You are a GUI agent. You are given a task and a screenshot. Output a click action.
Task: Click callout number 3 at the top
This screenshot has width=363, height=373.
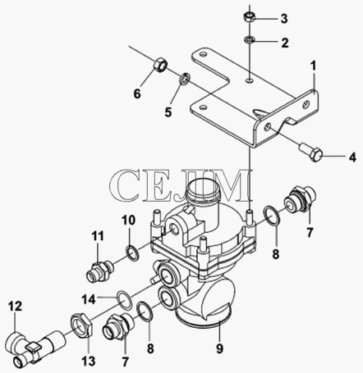point(284,19)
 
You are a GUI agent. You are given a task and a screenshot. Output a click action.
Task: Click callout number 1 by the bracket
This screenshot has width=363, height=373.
point(313,66)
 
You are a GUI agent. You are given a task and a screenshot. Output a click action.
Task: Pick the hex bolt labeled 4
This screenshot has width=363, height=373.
point(310,153)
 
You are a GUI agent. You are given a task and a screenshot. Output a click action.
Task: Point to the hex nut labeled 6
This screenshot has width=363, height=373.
point(160,66)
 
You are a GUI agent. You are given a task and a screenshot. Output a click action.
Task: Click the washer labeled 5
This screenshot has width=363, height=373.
point(185,78)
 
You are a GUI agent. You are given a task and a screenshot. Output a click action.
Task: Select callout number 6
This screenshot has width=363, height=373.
point(137,93)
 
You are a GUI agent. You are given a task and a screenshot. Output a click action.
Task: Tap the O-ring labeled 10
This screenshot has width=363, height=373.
point(133,253)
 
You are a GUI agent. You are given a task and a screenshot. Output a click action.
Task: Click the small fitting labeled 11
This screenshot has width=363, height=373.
point(99,271)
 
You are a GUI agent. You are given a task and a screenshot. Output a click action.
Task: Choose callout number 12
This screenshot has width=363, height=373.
point(15,307)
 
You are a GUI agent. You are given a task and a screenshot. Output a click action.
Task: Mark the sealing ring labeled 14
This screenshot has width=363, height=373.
point(125,299)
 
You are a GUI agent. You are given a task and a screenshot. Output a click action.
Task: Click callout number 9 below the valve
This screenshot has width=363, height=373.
point(219,348)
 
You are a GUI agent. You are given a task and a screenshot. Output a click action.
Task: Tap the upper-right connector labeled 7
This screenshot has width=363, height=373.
point(300,200)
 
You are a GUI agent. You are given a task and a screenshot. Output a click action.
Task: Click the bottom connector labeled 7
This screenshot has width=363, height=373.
point(117,327)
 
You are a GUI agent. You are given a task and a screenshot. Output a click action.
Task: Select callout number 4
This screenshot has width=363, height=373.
point(352,157)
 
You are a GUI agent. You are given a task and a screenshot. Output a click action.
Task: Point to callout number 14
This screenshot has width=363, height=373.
point(89,299)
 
